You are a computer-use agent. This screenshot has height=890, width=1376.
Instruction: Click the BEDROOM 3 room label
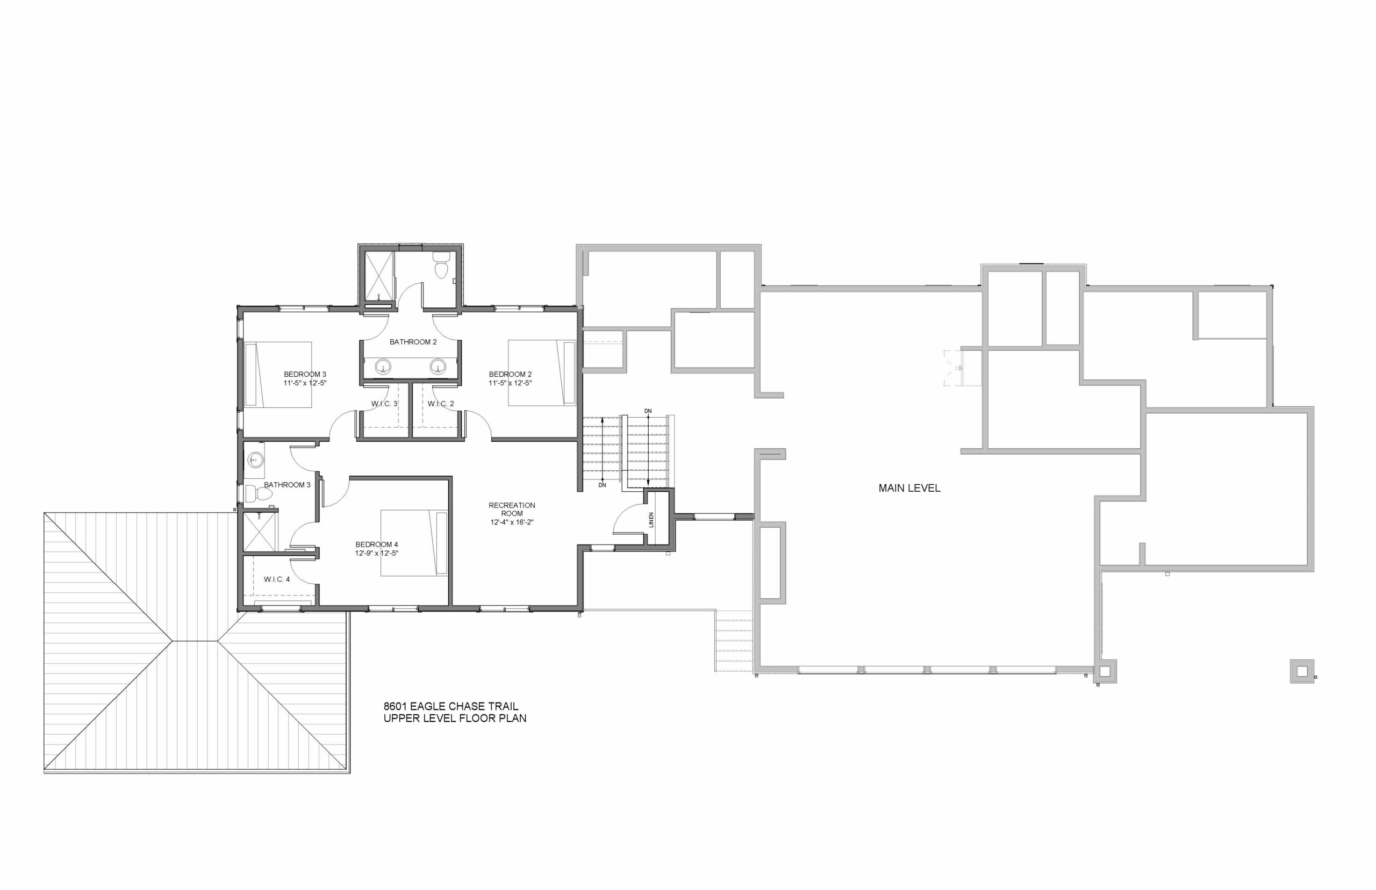click(x=305, y=375)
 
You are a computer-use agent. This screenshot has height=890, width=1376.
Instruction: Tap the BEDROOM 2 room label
click(x=510, y=375)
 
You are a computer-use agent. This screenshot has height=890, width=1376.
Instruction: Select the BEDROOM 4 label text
click(x=376, y=544)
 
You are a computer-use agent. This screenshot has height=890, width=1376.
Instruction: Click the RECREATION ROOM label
click(x=512, y=509)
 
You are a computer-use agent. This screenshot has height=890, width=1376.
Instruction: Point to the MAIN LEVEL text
click(x=909, y=489)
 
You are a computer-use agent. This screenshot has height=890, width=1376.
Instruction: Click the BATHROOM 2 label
click(x=413, y=342)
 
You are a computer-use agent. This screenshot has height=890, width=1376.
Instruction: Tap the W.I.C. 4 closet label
click(x=277, y=579)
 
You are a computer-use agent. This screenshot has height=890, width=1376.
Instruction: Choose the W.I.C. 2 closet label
click(x=441, y=404)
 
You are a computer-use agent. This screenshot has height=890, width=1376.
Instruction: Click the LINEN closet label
click(x=651, y=520)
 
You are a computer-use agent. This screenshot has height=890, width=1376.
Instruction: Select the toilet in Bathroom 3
click(x=259, y=494)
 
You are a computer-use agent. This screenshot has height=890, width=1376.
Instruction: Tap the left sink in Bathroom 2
click(x=383, y=366)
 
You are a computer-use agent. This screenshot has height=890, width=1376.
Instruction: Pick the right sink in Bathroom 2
click(x=439, y=366)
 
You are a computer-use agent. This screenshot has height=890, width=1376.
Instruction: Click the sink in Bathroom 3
click(x=254, y=460)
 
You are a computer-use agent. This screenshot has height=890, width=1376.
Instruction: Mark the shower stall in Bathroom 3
click(x=260, y=532)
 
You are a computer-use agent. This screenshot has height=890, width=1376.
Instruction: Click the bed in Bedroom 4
click(x=414, y=543)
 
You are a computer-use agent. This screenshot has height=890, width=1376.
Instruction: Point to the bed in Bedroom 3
click(x=278, y=375)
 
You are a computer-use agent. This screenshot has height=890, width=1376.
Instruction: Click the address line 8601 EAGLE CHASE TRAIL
click(x=451, y=706)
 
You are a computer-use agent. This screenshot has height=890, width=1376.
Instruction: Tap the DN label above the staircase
click(x=648, y=411)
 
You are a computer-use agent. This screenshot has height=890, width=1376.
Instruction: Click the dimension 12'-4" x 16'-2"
click(x=512, y=522)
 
